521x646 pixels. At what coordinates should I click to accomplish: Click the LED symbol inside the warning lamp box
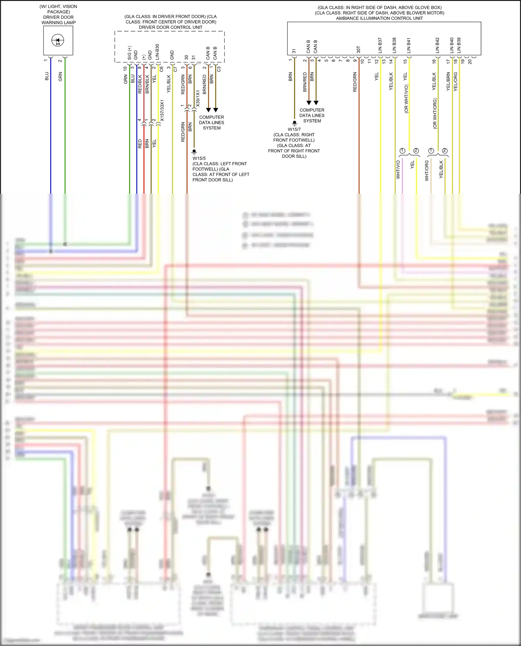point(58,41)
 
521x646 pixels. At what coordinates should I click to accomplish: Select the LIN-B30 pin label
point(157,52)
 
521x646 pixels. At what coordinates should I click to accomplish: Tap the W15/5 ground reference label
point(199,158)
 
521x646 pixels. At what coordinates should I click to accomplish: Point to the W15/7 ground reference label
point(294,129)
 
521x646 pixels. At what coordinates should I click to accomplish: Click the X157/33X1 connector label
point(162,111)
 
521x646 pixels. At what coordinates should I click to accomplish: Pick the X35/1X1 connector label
point(198,99)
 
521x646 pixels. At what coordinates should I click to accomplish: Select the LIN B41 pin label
point(408,45)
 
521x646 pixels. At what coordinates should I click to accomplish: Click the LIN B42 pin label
point(437,45)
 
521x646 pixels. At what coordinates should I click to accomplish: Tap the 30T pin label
point(358,50)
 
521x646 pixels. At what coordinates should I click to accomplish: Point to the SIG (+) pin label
point(130,53)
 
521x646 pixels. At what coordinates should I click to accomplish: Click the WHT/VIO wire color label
point(398,170)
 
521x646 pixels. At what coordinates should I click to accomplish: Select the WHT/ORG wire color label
point(427,170)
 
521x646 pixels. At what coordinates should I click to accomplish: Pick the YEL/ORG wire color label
point(456,82)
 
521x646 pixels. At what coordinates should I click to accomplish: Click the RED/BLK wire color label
point(140,84)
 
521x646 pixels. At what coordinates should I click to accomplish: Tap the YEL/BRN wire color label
point(448,82)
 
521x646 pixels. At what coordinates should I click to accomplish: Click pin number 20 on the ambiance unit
point(470,61)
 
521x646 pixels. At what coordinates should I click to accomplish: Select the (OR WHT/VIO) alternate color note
point(406,99)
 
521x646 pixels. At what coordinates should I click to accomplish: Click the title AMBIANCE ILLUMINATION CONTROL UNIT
point(379,18)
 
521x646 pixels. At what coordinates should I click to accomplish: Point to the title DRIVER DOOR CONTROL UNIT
point(171,27)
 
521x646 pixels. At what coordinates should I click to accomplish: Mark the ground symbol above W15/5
point(194,152)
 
